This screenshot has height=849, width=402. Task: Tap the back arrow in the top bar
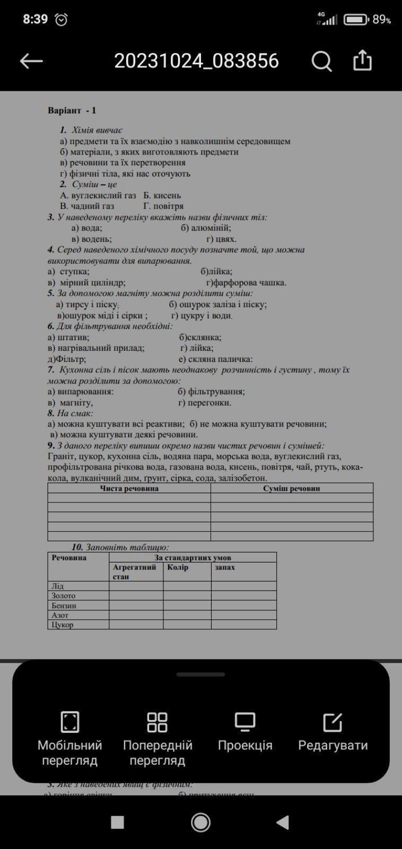31,61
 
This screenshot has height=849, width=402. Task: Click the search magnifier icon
321,61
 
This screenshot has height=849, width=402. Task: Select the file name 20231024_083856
196,61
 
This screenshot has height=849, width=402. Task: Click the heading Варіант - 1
72,110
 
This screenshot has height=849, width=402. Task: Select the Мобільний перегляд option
69,738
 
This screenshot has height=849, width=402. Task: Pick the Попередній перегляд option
158,738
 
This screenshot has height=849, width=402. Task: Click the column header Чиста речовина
129,488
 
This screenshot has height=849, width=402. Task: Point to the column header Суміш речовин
292,488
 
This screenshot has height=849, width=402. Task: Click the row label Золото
64,596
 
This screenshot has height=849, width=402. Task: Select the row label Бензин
64,605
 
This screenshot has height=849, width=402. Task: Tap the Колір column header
178,567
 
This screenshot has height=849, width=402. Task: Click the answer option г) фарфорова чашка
247,282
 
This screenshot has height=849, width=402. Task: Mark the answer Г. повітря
163,206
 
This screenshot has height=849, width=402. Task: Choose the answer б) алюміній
206,228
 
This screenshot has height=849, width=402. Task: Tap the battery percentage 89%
382,20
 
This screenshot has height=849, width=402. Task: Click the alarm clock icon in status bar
62,20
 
